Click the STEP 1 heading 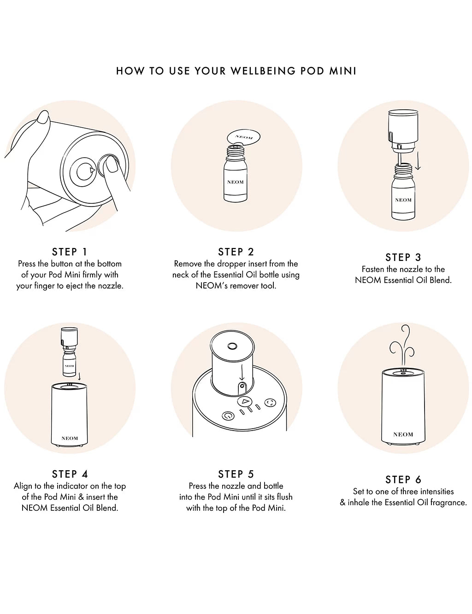70,252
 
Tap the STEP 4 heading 70,474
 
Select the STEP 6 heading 403,479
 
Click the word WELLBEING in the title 263,71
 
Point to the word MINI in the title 342,71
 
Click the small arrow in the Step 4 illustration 79,376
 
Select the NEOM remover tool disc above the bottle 243,138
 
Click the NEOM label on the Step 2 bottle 235,182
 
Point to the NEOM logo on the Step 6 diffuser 403,434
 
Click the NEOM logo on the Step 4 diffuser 70,438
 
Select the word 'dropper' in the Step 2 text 230,264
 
